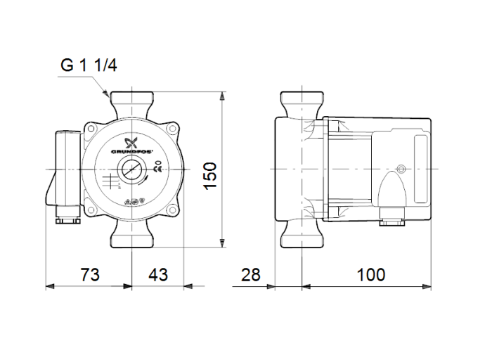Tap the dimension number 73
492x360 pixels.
(89, 274)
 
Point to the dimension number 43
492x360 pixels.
(157, 274)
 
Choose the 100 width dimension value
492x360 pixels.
(370, 274)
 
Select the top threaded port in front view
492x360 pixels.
(132, 101)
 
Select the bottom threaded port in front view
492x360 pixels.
(132, 238)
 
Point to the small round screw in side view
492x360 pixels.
(401, 169)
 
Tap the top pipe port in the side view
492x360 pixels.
(302, 103)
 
